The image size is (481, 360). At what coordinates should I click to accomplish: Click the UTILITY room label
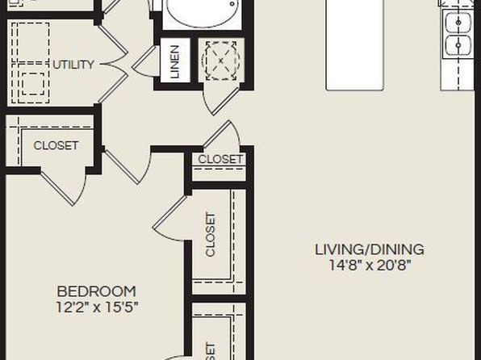(x=73, y=65)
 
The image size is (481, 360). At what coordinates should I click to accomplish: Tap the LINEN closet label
(x=174, y=61)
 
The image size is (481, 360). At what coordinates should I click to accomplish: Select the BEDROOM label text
(x=97, y=291)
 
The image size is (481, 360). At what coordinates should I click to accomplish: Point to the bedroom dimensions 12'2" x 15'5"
(x=97, y=307)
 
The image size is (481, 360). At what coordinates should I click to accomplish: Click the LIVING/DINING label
(x=370, y=249)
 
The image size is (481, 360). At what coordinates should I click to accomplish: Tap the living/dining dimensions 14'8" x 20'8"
(x=370, y=265)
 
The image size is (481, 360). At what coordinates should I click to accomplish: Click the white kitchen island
(x=355, y=45)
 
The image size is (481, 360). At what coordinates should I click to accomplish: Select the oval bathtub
(x=203, y=13)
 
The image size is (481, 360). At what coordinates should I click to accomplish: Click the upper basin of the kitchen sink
(x=458, y=22)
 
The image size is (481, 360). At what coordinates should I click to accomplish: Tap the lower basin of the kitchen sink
(x=458, y=45)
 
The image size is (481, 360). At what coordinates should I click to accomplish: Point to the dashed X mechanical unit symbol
(x=221, y=61)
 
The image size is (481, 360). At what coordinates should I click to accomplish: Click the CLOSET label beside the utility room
(x=56, y=145)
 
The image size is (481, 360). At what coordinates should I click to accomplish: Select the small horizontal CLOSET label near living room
(x=220, y=159)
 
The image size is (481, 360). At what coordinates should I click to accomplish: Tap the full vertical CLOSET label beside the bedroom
(x=211, y=234)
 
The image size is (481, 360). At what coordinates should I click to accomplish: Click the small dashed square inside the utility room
(x=33, y=84)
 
